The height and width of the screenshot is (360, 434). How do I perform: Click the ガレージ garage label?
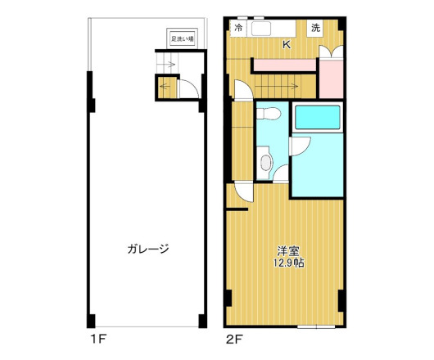click(x=147, y=249)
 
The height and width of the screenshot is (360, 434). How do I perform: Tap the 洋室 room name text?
click(x=286, y=250)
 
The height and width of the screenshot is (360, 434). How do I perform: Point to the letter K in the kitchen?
click(x=287, y=45)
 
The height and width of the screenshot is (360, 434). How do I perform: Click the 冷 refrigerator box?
click(x=238, y=29)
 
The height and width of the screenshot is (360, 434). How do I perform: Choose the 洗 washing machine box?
click(x=315, y=29)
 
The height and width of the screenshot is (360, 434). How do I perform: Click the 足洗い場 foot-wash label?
click(x=182, y=38)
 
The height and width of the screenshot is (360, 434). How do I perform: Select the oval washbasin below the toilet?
click(x=265, y=161)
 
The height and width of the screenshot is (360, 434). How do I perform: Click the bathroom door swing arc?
click(x=297, y=146)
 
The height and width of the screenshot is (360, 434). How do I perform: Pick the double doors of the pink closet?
click(x=332, y=51)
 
